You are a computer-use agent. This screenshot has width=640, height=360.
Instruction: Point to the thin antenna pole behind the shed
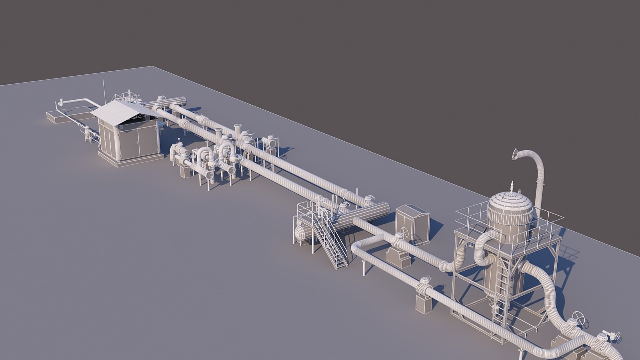click(103, 90)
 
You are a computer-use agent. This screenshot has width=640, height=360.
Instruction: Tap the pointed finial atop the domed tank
click(512, 187)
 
